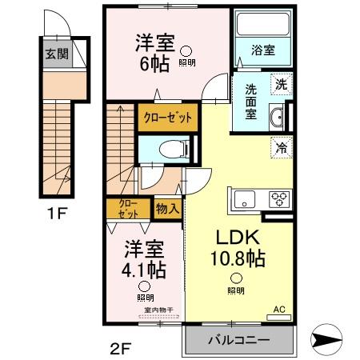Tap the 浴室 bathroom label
[x=263, y=50]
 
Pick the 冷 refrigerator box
[x=281, y=147]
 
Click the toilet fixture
[x=170, y=148]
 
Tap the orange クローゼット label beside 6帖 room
[x=167, y=118]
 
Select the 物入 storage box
[x=168, y=208]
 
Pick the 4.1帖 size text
[x=144, y=268]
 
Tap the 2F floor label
[x=119, y=349]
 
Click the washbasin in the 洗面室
[x=276, y=118]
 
